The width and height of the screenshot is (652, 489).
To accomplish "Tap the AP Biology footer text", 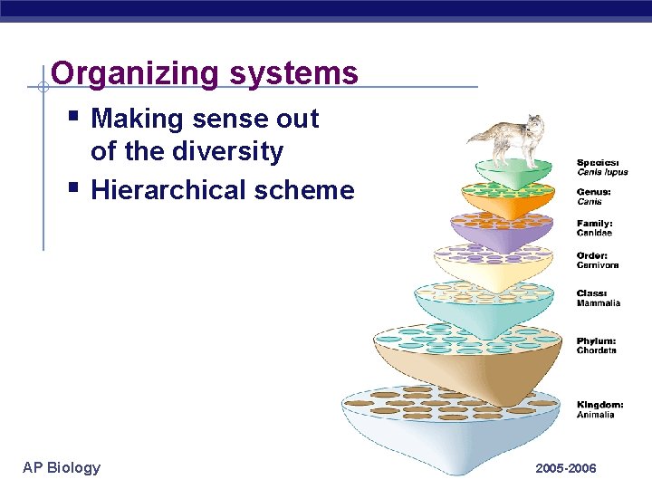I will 62,467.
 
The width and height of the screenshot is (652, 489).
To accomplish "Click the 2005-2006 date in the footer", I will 566,468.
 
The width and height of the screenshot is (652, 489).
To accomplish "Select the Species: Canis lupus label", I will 601,167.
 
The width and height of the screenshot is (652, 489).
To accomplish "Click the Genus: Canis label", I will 595,197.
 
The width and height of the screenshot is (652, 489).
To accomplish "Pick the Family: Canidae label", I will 595,228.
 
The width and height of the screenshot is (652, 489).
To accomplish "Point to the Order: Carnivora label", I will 598,260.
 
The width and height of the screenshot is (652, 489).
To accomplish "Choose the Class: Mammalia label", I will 599,298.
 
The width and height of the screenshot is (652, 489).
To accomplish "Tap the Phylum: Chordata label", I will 597,345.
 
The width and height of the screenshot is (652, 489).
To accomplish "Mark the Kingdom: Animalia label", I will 599,409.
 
